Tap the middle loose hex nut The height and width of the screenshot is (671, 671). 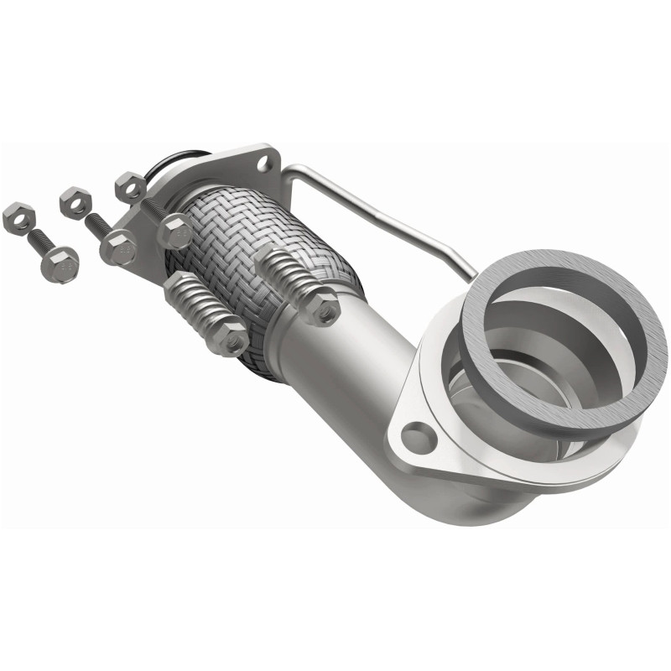coord(75,201)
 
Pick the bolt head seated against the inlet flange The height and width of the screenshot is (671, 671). coord(174,231)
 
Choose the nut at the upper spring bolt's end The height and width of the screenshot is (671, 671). coord(323,308)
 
